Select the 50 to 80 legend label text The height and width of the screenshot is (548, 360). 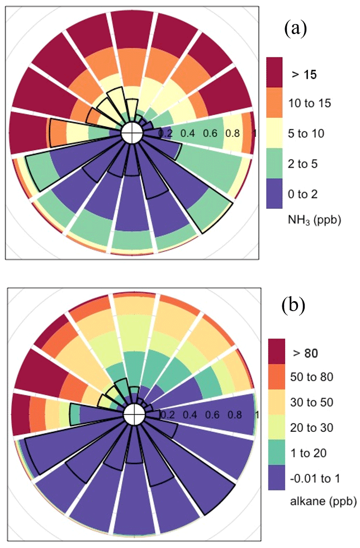312,377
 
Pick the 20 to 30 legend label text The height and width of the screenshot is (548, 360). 312,427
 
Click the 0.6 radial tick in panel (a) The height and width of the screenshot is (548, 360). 210,134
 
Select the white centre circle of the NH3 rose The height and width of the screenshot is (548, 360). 132,134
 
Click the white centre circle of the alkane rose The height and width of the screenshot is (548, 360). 134,415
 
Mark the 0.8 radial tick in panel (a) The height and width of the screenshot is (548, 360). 232,134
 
